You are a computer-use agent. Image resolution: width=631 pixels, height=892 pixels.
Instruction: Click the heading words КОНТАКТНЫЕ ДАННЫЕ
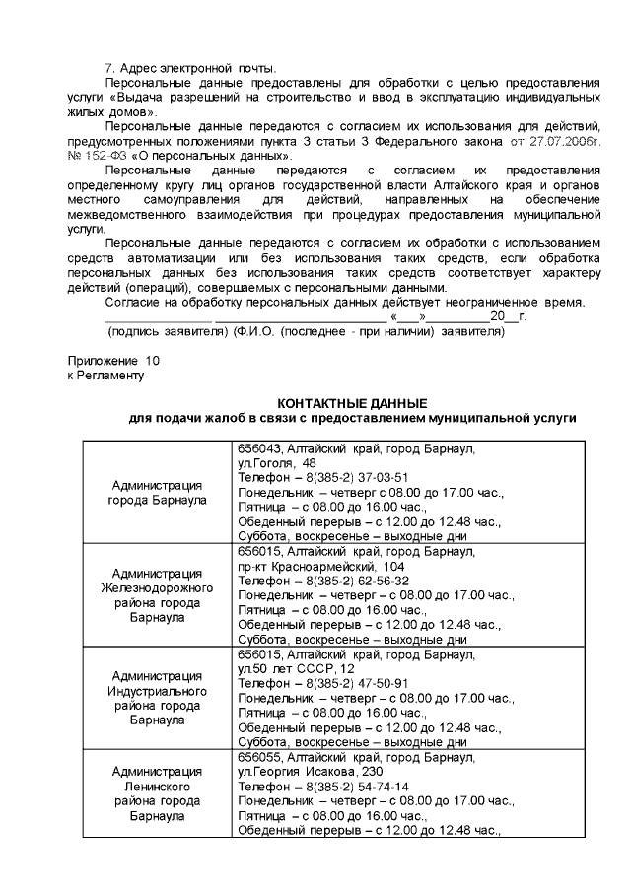point(352,404)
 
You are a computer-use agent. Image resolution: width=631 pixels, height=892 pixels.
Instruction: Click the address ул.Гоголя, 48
point(277,463)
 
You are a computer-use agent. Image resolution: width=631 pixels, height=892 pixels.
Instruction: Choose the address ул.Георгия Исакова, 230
point(311,772)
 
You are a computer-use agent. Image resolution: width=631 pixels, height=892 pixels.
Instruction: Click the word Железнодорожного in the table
point(157,588)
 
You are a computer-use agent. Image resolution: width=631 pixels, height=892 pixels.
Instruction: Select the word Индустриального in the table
point(157,691)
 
